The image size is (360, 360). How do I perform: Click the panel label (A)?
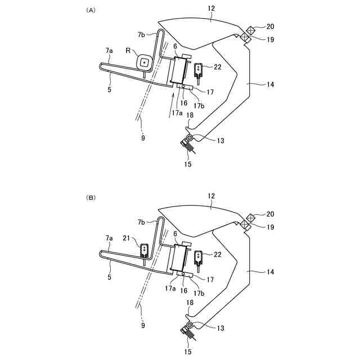tap(90, 10)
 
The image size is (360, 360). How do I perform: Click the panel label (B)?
tap(90, 197)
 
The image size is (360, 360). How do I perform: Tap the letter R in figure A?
tap(128, 51)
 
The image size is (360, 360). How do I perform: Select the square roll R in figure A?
tap(145, 62)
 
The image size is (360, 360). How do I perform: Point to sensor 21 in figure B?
tap(145, 249)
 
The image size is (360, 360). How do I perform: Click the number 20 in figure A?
tap(271, 26)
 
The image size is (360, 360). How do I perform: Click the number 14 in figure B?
tap(271, 271)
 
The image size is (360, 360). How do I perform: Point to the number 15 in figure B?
tap(187, 352)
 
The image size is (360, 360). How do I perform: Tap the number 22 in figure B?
tap(217, 254)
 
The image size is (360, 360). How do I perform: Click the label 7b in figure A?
tap(141, 35)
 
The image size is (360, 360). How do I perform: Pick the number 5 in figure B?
tap(110, 277)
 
